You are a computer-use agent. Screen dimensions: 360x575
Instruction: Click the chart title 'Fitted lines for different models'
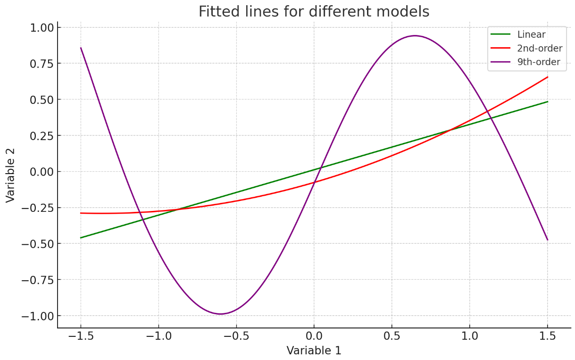click(x=314, y=11)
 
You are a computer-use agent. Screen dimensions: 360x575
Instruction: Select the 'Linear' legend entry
click(x=531, y=34)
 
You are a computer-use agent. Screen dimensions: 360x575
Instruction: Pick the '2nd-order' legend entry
click(x=540, y=48)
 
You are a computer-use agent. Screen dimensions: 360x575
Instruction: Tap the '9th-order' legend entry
click(x=539, y=62)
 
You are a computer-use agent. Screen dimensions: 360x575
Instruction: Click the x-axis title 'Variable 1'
click(x=314, y=351)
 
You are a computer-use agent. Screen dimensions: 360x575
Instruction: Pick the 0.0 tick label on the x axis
click(x=314, y=336)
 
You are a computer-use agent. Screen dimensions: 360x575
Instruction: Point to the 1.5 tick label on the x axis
click(x=547, y=336)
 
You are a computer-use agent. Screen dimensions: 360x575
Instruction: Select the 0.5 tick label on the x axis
click(x=392, y=336)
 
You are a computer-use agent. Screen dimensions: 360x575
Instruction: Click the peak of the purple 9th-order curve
click(x=415, y=36)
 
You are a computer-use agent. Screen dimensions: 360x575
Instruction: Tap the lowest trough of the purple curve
click(x=220, y=314)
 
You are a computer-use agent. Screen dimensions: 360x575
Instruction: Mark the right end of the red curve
click(x=547, y=77)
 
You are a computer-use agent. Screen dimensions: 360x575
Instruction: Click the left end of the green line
click(x=81, y=238)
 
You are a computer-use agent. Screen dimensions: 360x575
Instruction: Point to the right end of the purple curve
click(x=547, y=240)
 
